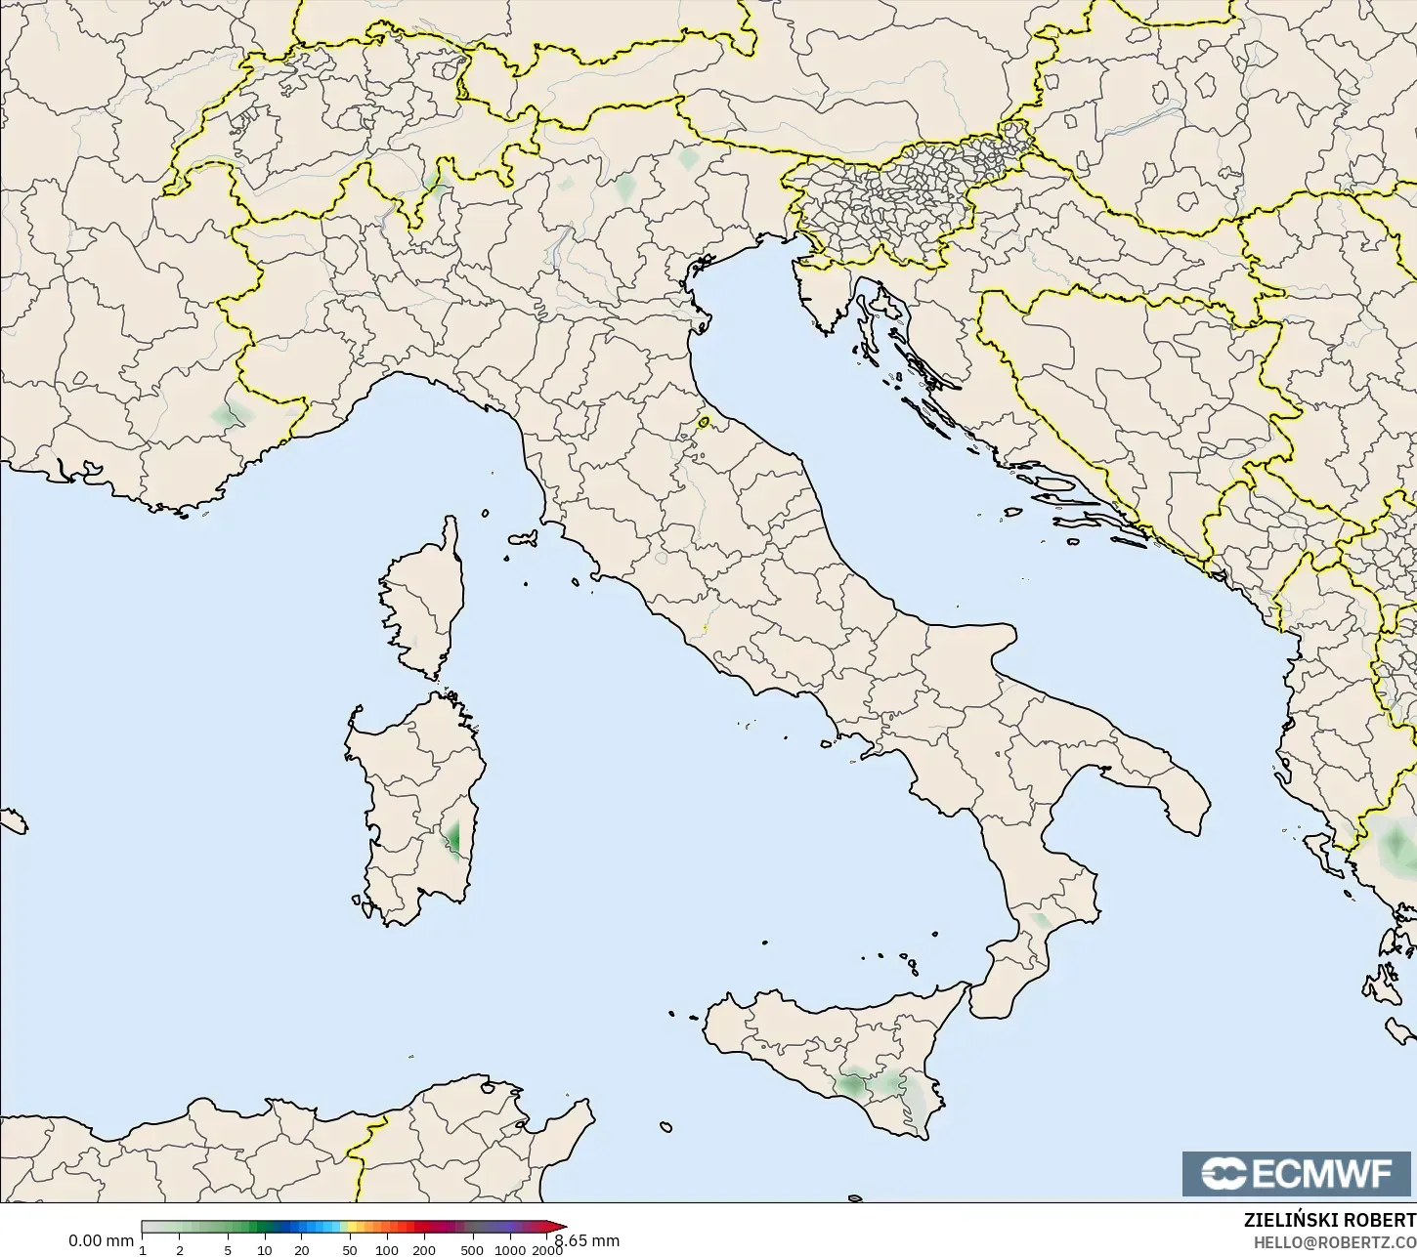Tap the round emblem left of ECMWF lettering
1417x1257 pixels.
tap(1223, 1173)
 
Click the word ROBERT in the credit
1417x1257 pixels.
tap(1380, 1221)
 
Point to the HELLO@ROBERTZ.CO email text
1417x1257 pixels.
tap(1335, 1242)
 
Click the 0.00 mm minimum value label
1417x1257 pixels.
tap(101, 1241)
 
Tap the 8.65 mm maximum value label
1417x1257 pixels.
tap(587, 1241)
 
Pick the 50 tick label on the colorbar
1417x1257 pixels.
tap(350, 1250)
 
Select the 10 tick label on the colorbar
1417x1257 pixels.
tap(265, 1250)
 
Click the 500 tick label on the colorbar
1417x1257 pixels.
tap(472, 1250)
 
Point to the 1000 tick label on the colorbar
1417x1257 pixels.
tap(509, 1250)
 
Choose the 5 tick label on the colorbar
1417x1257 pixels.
tap(228, 1250)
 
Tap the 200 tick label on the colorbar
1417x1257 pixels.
tap(423, 1250)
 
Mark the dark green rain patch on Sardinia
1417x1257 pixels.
tap(453, 838)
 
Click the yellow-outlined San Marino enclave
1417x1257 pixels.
tap(704, 423)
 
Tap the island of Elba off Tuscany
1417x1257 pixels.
tap(523, 538)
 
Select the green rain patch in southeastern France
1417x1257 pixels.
tap(230, 417)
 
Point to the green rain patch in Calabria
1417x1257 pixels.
tap(1040, 919)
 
